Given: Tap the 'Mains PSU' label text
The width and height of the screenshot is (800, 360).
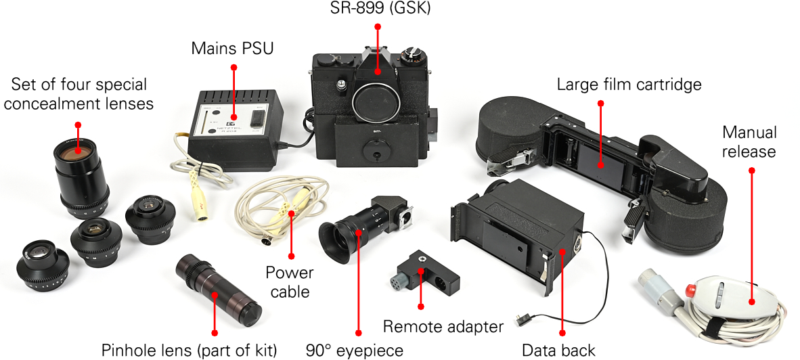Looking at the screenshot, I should pos(232,49).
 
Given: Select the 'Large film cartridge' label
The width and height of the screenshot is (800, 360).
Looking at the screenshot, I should pos(629,85).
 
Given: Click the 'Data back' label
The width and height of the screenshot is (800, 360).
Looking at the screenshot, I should pos(558,350).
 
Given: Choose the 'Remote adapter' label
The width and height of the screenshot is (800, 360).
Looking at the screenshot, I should pos(443,327).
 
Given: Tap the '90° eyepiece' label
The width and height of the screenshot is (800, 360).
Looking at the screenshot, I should pos(354,350).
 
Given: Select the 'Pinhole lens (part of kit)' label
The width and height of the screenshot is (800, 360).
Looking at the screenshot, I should pos(190,350).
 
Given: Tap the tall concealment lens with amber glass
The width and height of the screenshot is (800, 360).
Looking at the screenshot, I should pos(77,173).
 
